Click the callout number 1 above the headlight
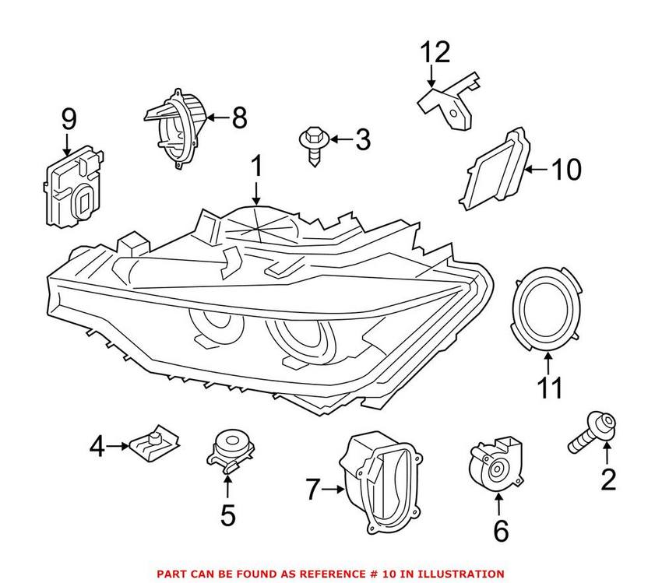257,167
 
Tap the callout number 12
435,53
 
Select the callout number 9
69,120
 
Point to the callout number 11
550,388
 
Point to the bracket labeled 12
452,103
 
